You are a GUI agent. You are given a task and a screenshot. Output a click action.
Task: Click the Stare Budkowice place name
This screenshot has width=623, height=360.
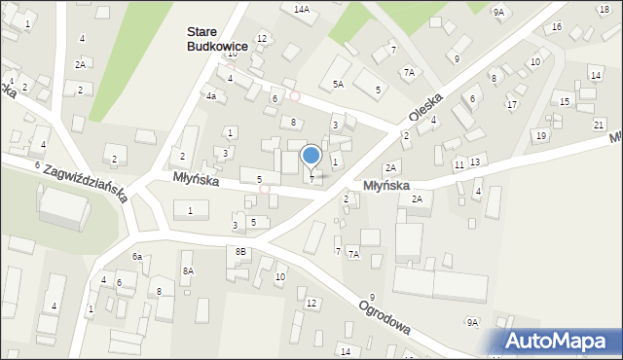click(x=217, y=39)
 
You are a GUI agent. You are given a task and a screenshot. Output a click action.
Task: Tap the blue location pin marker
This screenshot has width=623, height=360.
click(x=311, y=155)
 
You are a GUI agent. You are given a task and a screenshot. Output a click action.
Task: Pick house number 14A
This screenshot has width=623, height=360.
click(x=302, y=9)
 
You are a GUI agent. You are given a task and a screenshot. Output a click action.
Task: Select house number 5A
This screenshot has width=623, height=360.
click(x=338, y=85)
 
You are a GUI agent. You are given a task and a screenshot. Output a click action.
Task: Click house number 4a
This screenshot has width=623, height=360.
click(x=210, y=96)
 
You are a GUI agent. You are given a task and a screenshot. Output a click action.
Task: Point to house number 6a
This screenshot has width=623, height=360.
click(x=137, y=256)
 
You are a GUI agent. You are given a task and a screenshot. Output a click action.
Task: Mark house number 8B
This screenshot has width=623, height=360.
click(x=241, y=252)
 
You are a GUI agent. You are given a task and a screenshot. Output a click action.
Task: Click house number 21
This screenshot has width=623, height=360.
click(x=599, y=125)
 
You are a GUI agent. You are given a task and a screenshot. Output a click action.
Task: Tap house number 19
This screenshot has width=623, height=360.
click(x=540, y=135)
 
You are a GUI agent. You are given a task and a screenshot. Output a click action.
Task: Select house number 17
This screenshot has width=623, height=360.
click(x=511, y=104)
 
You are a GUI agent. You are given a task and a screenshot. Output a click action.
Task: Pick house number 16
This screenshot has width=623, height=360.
click(x=556, y=26)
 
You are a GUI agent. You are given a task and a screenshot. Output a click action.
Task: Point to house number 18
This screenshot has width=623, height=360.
click(x=604, y=9)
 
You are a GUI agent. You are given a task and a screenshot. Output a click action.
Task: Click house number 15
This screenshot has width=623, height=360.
click(x=565, y=101)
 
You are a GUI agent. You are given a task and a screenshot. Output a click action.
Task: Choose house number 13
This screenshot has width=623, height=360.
click(x=474, y=162)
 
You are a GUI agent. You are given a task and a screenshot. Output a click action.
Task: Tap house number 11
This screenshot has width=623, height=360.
click(x=458, y=165)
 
